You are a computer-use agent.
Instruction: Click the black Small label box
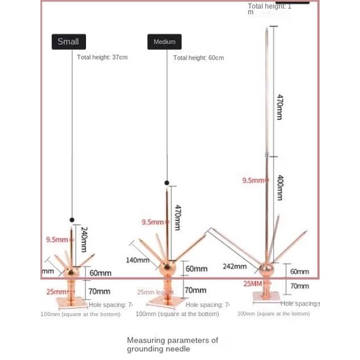click(68, 42)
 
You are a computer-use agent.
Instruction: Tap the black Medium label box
click(164, 42)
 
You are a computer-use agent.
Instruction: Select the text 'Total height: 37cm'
click(102, 57)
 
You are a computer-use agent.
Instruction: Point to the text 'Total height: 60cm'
click(198, 57)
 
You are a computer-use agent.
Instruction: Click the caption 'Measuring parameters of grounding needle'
click(172, 345)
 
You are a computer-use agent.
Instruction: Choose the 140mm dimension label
click(137, 259)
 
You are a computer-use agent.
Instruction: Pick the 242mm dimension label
click(234, 267)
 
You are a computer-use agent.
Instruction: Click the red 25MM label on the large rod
click(252, 283)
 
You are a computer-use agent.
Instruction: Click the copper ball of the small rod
click(72, 272)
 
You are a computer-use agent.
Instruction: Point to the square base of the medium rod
click(168, 300)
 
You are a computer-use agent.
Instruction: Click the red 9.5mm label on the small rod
click(57, 240)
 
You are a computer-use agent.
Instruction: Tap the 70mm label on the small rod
click(99, 292)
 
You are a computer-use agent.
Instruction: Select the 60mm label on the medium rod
click(195, 269)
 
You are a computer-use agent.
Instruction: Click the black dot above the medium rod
click(167, 182)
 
